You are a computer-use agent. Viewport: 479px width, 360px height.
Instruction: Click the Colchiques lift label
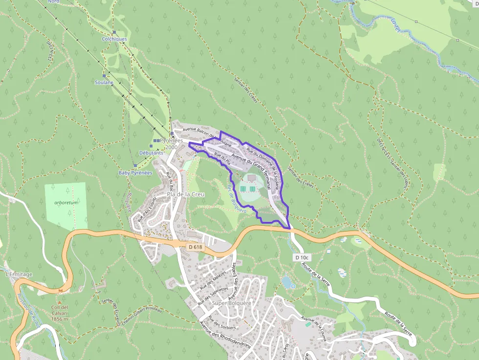pyautogui.click(x=114, y=39)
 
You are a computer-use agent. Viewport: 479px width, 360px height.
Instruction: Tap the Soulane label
pyautogui.click(x=104, y=83)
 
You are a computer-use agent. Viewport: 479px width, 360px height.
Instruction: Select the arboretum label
pyautogui.click(x=66, y=202)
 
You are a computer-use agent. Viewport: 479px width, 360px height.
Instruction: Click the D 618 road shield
pyautogui.click(x=195, y=247)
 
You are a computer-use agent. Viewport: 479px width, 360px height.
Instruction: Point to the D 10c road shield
pyautogui.click(x=302, y=257)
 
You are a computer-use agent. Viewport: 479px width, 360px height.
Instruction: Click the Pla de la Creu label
pyautogui.click(x=186, y=194)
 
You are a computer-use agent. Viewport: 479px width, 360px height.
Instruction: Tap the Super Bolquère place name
pyautogui.click(x=232, y=303)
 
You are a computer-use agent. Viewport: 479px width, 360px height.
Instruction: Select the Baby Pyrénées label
pyautogui.click(x=135, y=173)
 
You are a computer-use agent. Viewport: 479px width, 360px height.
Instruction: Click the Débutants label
pyautogui.click(x=152, y=153)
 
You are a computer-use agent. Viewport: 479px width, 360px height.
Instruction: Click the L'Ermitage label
pyautogui.click(x=19, y=275)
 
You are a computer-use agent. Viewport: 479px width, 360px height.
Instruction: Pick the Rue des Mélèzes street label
pyautogui.click(x=216, y=280)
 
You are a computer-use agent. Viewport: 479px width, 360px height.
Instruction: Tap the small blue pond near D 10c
pyautogui.click(x=287, y=282)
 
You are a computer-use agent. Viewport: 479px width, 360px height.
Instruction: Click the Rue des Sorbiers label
pyautogui.click(x=222, y=323)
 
